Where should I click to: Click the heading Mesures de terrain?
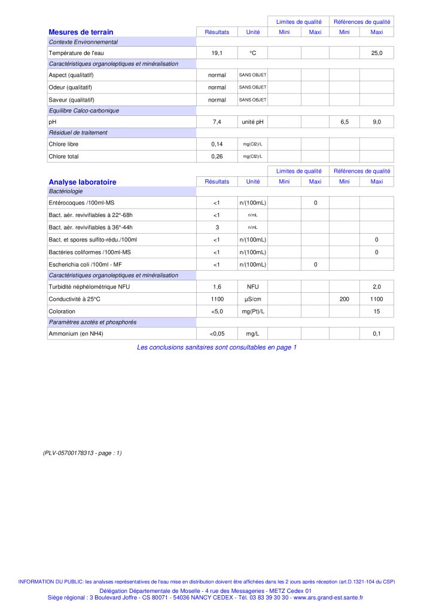[81, 32]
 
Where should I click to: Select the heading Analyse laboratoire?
[83, 182]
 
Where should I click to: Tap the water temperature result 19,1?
[217, 54]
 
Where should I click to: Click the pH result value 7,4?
[217, 122]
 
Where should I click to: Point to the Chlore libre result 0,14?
[217, 144]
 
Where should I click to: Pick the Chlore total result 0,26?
[217, 157]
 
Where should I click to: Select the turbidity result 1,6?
[217, 287]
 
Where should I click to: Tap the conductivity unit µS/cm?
[253, 299]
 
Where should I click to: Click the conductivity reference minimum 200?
[344, 299]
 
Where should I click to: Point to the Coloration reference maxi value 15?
[377, 311]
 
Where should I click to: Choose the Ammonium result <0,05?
[217, 333]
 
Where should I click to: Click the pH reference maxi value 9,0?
[377, 122]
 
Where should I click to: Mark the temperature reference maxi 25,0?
[377, 54]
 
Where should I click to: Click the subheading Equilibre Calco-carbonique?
[84, 111]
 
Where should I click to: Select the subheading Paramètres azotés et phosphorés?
[93, 322]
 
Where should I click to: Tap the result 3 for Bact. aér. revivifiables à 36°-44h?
[217, 227]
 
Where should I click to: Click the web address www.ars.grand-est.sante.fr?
[327, 597]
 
